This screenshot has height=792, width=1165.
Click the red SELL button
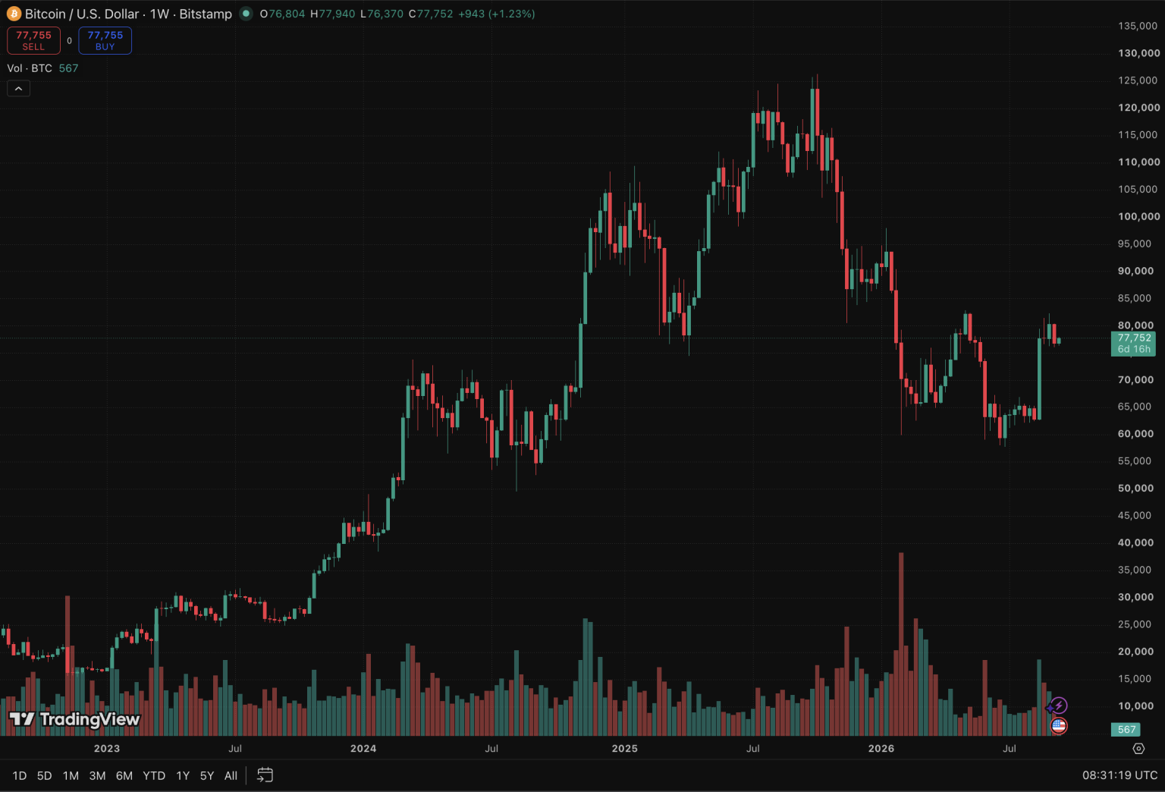click(x=33, y=41)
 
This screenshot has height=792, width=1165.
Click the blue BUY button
click(x=105, y=41)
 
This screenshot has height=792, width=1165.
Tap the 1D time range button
click(x=19, y=775)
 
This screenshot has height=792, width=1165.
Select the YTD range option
click(x=154, y=775)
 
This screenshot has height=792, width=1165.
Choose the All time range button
click(x=231, y=775)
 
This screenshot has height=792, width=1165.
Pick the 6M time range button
click(x=124, y=775)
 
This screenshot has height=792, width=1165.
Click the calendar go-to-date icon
click(x=265, y=775)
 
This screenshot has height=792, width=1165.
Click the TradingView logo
click(x=75, y=719)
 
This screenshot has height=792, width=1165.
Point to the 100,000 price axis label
click(x=1138, y=216)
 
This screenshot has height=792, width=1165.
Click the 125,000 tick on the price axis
click(x=1138, y=80)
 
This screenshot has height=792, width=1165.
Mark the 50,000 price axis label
click(x=1135, y=488)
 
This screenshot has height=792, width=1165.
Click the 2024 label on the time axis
click(x=363, y=748)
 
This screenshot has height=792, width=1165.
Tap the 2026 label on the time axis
click(x=881, y=748)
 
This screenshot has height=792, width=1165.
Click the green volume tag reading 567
click(x=1126, y=730)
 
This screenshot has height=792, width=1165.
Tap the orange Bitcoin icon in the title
click(x=14, y=14)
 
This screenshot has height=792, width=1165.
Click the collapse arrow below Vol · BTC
click(x=19, y=89)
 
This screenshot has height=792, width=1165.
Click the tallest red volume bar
click(x=901, y=644)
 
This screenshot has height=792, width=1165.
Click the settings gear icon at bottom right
click(x=1138, y=749)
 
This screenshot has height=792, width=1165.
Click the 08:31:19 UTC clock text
click(x=1119, y=775)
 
